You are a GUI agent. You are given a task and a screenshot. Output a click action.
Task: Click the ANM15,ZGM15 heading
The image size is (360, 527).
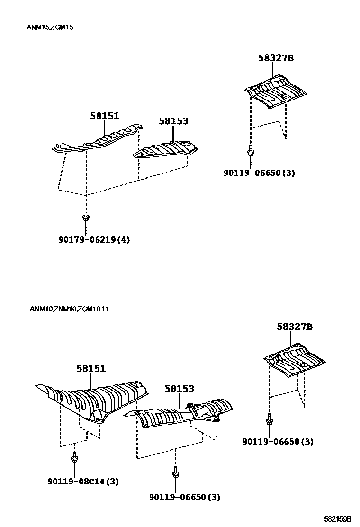pos(50,27)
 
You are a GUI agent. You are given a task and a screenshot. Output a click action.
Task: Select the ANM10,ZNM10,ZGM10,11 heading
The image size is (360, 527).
pos(69,309)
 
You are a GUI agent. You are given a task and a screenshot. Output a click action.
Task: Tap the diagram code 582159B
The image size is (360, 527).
pos(337,519)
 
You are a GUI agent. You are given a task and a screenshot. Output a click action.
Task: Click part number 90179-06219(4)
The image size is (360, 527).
pos(94,240)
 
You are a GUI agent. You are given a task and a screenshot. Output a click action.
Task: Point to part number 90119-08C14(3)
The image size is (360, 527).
pos(83,482)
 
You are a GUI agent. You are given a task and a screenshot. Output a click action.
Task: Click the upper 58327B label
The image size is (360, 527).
pos(276,58)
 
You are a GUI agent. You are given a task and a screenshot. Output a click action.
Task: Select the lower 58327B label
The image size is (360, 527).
pos(295,327)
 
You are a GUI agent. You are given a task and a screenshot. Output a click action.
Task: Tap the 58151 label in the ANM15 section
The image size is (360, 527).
pos(105,116)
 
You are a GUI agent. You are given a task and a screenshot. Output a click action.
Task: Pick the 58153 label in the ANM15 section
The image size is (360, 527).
pos(173,121)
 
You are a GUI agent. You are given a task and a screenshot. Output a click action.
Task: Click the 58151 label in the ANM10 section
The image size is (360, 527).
pos(90,369)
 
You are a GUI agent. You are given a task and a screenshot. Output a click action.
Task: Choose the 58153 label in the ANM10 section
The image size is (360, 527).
pos(180,389)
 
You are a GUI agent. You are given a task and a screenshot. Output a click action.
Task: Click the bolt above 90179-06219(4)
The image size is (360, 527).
pos(86,218)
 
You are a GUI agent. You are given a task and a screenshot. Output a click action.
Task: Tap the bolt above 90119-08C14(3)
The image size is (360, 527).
pos(74,458)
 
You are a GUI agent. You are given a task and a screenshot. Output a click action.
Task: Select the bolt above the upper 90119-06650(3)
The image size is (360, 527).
pos(250,150)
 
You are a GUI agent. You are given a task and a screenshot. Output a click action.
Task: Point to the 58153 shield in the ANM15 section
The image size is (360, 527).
pos(166,149)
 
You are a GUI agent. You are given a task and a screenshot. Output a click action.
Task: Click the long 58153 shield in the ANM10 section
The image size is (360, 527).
pos(180,415)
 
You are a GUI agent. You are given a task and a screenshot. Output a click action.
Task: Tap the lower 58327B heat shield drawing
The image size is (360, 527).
pos(295,360)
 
